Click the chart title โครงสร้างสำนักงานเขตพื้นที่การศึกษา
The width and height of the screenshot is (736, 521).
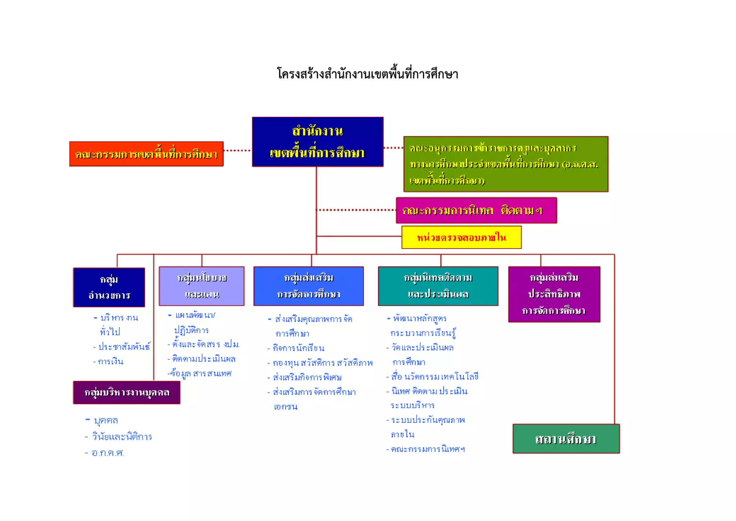[x=367, y=74]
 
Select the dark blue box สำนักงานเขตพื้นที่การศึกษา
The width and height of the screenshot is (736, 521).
[x=317, y=142]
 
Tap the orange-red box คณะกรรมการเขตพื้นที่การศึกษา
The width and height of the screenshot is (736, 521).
[x=146, y=154]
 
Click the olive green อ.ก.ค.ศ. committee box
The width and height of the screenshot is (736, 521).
[x=505, y=164]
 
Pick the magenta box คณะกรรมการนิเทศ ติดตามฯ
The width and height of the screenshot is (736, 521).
[x=476, y=210]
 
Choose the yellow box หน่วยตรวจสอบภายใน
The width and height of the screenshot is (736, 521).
[x=461, y=237]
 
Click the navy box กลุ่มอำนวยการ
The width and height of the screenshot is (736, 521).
[x=109, y=287]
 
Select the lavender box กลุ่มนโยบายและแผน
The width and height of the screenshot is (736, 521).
[x=202, y=286]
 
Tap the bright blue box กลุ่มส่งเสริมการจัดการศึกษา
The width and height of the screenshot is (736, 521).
[x=308, y=286]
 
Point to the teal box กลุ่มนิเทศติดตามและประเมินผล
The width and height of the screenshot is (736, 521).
[x=438, y=286]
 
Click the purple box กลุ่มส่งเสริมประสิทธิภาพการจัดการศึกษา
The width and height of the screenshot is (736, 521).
[x=554, y=294]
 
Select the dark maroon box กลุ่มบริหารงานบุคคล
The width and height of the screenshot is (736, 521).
[x=126, y=392]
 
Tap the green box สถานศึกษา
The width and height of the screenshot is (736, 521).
[x=566, y=439]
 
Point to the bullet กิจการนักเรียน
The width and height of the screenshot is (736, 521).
[x=298, y=348]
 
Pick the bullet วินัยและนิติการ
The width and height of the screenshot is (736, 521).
[x=122, y=437]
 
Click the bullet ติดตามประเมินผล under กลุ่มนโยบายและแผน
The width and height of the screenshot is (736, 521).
[x=203, y=359]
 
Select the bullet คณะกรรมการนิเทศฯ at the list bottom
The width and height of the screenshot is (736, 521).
[x=428, y=449]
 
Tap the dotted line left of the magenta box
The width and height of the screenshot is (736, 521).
[x=356, y=210]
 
